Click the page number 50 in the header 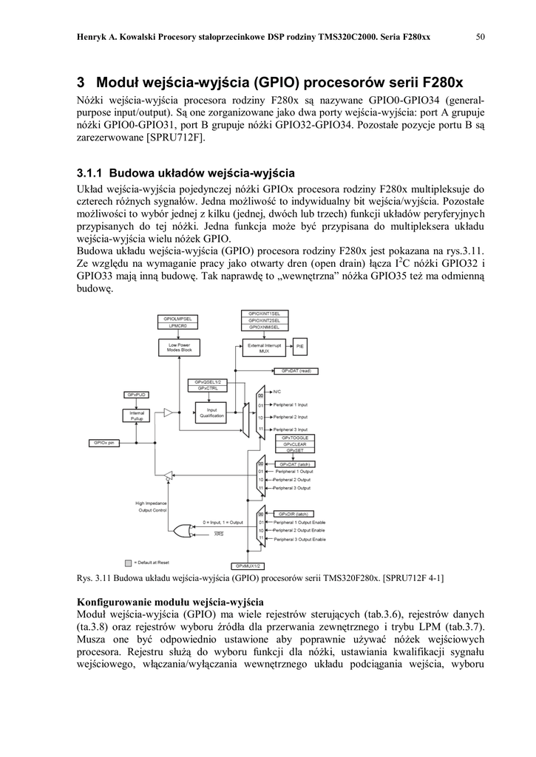(479, 37)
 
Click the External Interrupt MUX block (263, 347)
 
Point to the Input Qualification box (212, 413)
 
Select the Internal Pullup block (137, 415)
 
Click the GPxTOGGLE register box (296, 438)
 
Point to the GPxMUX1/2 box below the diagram (248, 565)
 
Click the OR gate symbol (178, 528)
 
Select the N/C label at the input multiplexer (277, 391)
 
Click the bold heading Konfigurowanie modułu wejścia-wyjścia (170, 602)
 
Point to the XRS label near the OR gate (219, 534)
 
